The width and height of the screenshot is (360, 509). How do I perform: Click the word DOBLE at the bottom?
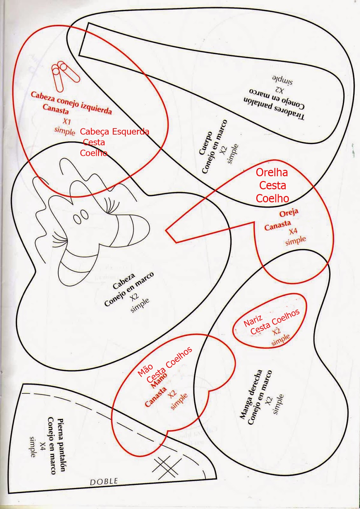(x=104, y=481)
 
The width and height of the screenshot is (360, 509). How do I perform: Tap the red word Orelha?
(x=272, y=172)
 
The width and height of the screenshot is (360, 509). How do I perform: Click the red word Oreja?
(x=289, y=213)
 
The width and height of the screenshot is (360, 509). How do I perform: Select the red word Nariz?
(x=253, y=321)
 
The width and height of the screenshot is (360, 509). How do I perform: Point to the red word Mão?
(x=145, y=370)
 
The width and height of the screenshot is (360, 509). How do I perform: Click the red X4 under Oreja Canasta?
(x=293, y=231)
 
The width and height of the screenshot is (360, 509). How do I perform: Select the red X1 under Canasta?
(x=66, y=121)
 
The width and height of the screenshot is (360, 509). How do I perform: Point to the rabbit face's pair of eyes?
(x=80, y=217)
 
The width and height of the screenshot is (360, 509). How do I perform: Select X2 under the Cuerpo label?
(x=224, y=150)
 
